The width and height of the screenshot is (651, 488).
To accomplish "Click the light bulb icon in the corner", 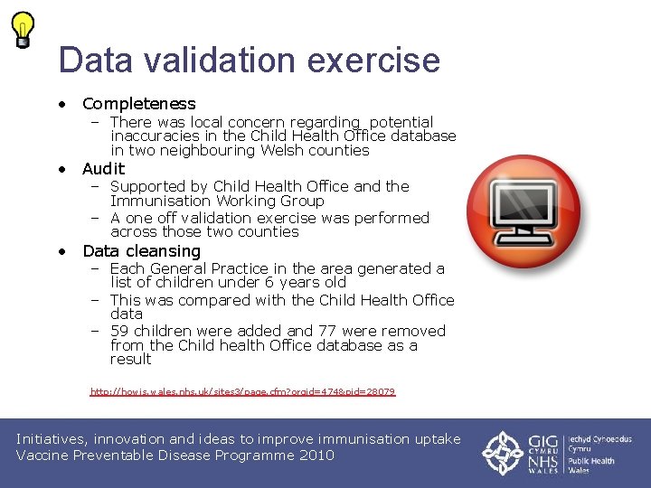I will tap(24, 29).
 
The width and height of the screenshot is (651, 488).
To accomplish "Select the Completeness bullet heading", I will tap(138, 104).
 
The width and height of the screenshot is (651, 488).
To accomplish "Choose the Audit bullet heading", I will tap(103, 169).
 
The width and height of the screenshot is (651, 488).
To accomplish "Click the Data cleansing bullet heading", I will tap(141, 251).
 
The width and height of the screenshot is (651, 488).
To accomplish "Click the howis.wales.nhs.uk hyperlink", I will tap(242, 392).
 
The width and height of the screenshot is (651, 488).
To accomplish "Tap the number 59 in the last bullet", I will tap(119, 332).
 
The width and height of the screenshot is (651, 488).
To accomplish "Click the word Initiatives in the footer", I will tap(56, 439).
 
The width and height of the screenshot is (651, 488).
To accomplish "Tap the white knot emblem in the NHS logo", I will tap(502, 453).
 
